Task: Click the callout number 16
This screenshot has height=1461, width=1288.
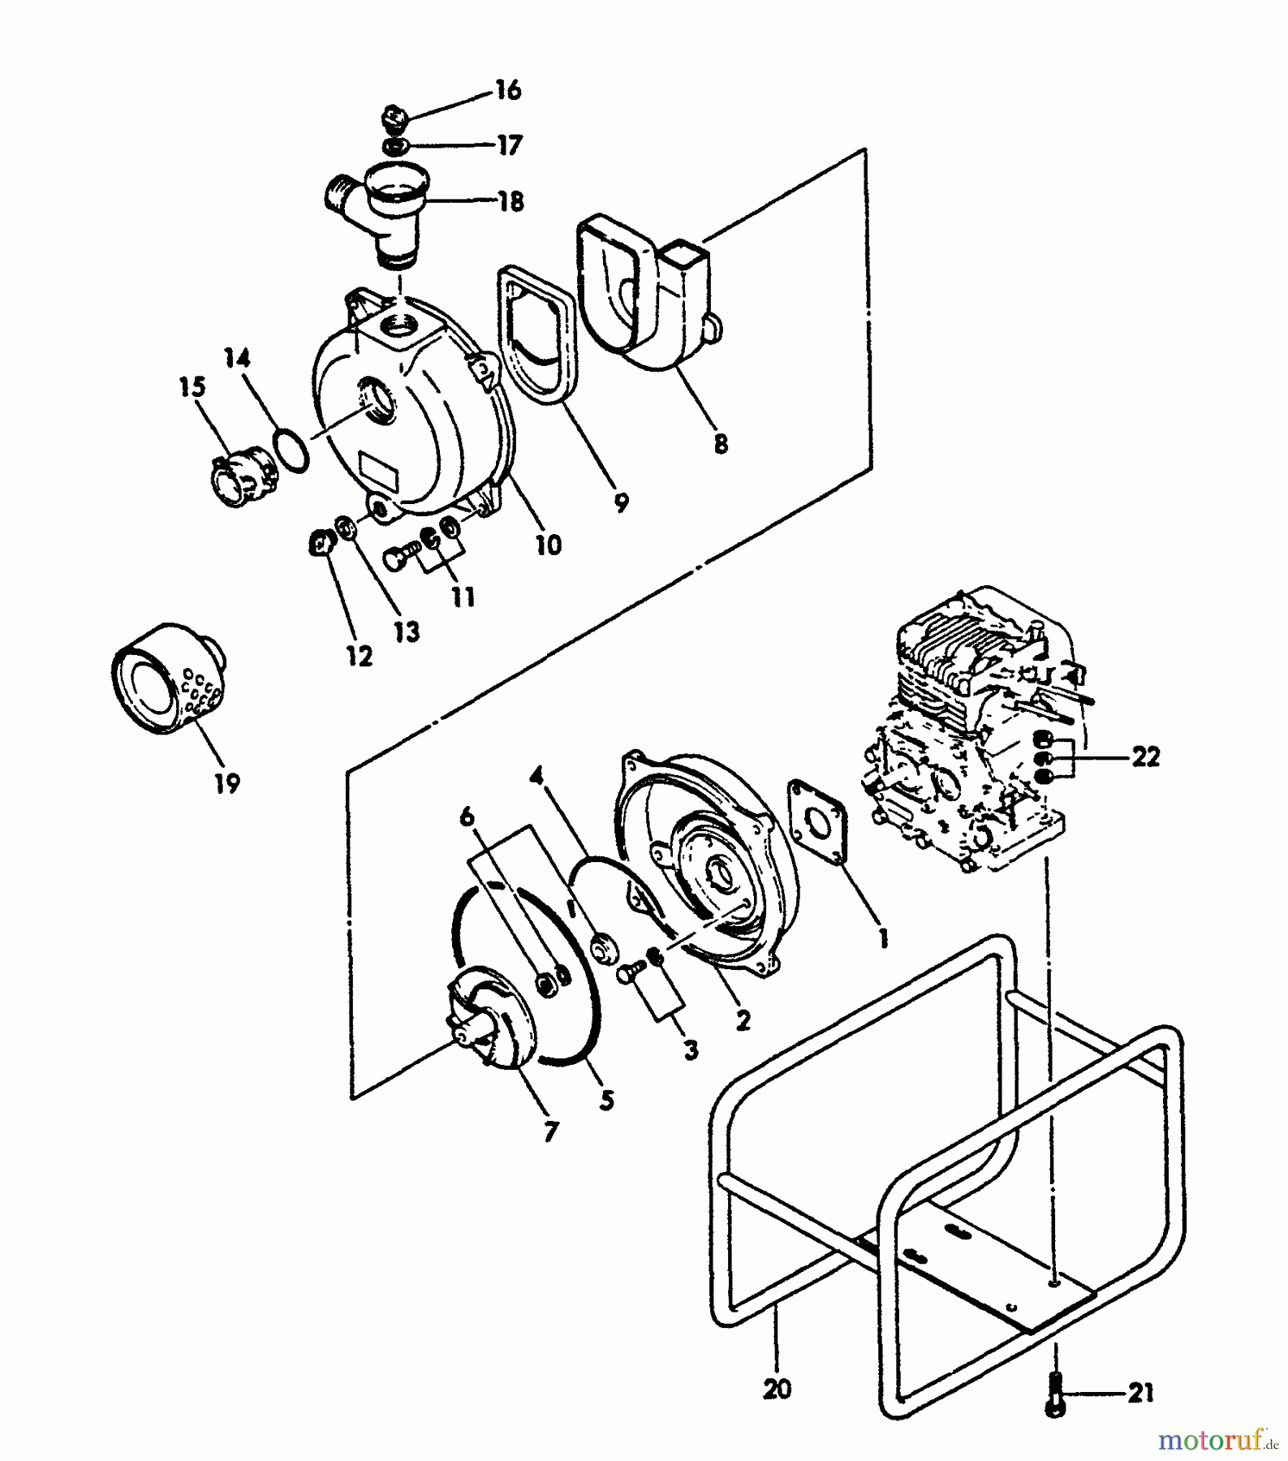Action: (x=508, y=90)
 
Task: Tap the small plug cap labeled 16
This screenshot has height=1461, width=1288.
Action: (x=395, y=119)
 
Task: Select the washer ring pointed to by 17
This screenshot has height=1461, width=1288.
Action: (x=395, y=147)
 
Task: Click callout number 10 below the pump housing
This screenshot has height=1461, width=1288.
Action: (x=549, y=545)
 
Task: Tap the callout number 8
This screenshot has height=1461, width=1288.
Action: (x=720, y=443)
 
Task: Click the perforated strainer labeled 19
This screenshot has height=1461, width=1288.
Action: (x=168, y=679)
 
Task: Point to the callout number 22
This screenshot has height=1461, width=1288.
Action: (x=1145, y=756)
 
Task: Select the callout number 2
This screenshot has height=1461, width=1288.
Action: (x=743, y=1020)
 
